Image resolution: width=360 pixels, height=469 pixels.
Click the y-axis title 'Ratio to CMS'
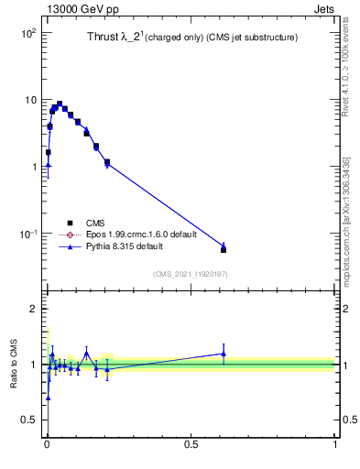tap(15, 365)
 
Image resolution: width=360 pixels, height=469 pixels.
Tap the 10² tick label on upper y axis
tap(27, 33)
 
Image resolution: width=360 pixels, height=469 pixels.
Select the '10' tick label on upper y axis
tap(30, 100)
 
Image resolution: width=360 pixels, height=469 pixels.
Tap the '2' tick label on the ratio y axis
tap(33, 310)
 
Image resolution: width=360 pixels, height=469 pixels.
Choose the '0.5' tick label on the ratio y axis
tap(28, 420)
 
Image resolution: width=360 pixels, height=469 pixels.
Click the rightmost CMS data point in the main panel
tap(224, 249)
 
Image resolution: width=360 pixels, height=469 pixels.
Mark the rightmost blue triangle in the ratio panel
tap(224, 354)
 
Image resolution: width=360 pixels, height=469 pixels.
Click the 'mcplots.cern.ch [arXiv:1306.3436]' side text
tap(346, 221)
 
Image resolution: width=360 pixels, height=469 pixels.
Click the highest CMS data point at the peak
tap(60, 104)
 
